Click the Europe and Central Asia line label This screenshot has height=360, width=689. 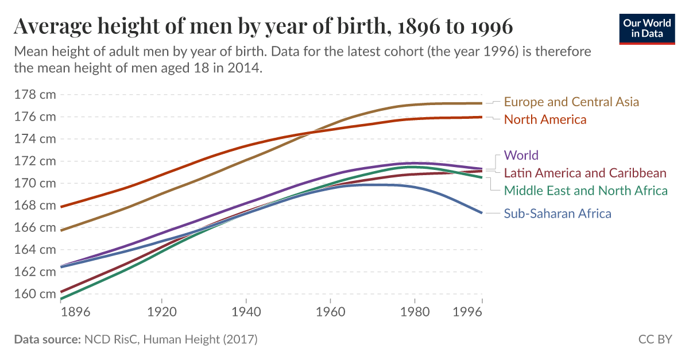click(571, 102)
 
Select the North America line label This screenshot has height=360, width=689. click(545, 120)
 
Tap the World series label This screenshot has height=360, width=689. click(521, 155)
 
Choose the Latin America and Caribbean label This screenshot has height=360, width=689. click(585, 173)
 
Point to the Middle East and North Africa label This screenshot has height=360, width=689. click(586, 191)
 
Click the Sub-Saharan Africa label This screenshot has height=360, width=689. click(558, 214)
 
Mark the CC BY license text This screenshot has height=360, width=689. click(655, 339)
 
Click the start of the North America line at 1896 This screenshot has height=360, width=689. click(61, 207)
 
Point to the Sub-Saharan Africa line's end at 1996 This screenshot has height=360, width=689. click(481, 212)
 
